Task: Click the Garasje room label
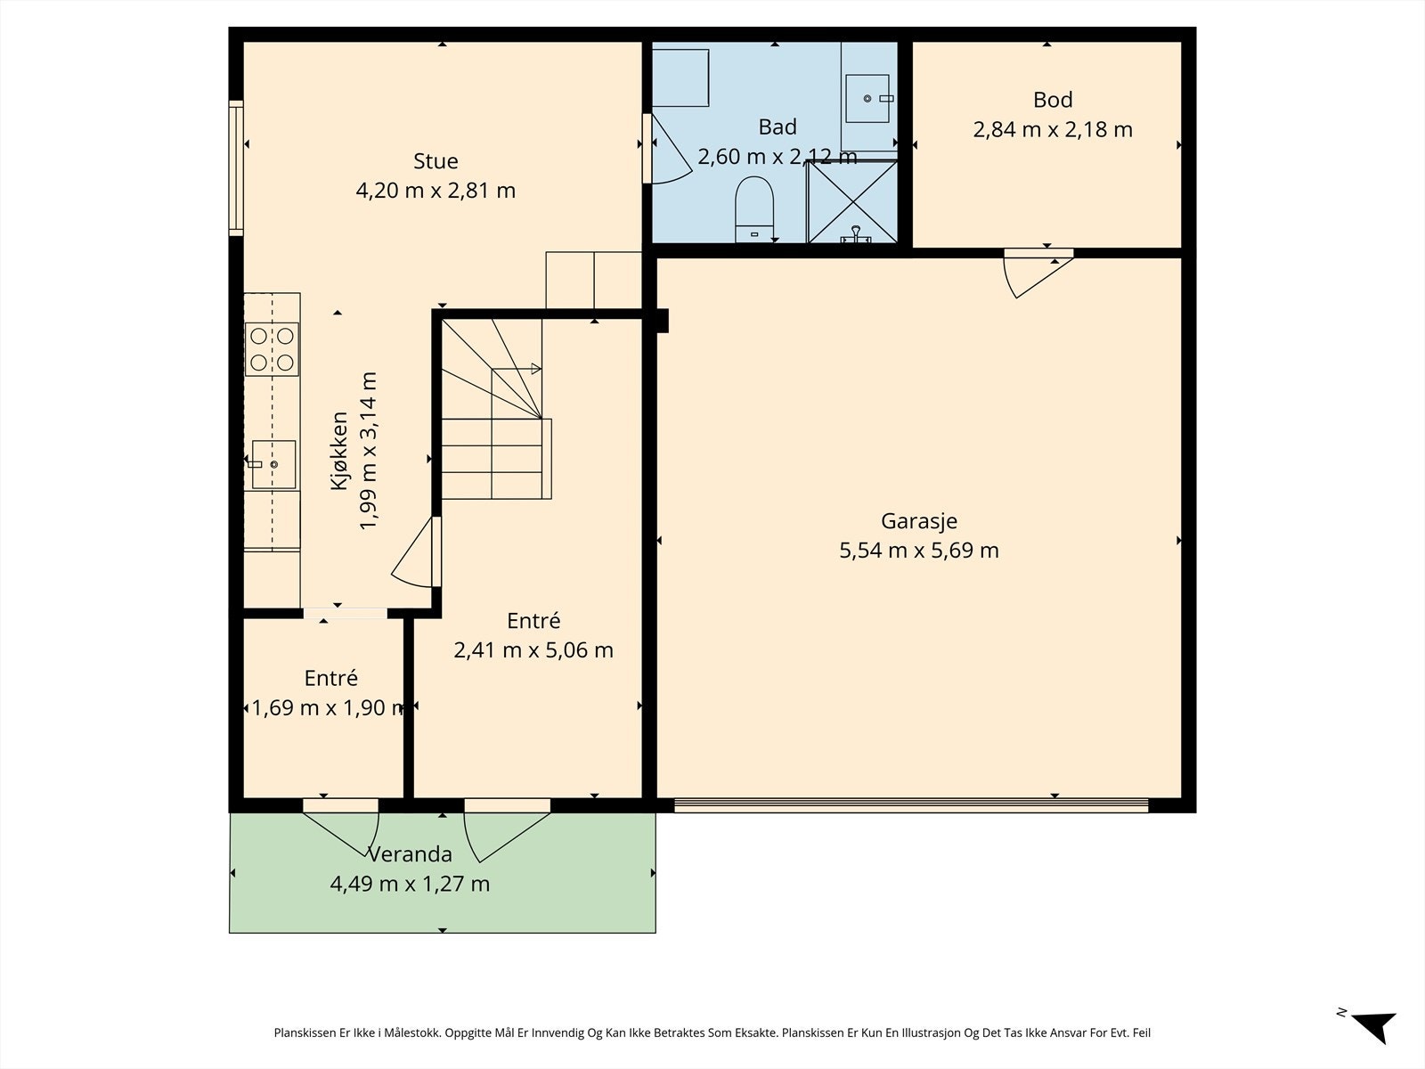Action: tap(918, 520)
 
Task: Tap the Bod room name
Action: tap(1053, 100)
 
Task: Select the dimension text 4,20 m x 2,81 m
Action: tap(436, 191)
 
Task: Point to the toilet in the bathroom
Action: tap(754, 209)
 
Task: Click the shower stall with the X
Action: tap(851, 202)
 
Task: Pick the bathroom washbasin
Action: tap(867, 98)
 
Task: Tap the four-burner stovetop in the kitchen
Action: tap(272, 349)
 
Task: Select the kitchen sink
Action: tap(274, 465)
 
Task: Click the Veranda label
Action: tap(410, 854)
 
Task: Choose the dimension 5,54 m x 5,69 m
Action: tap(918, 551)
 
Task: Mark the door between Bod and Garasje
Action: tap(1038, 273)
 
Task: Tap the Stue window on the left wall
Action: tap(236, 168)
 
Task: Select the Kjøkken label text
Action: tap(339, 451)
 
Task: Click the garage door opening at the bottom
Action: tap(911, 805)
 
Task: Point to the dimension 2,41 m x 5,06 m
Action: tap(533, 650)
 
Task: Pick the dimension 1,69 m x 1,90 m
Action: tap(328, 707)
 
